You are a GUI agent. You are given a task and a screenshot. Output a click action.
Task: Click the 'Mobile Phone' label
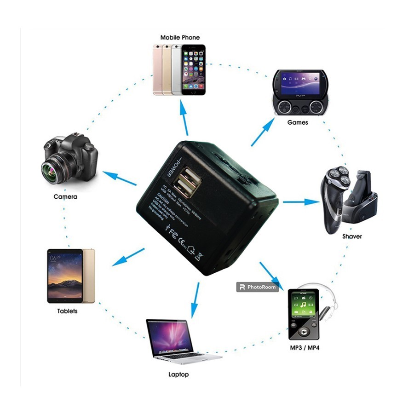(180, 37)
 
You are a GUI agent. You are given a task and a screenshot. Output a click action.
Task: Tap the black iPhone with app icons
(193, 69)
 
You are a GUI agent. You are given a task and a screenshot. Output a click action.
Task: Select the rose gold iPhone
(158, 69)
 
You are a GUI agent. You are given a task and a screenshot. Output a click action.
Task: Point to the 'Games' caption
(297, 123)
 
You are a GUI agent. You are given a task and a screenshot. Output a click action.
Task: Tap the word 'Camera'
(65, 197)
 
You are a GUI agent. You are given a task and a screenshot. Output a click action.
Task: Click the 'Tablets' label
(67, 311)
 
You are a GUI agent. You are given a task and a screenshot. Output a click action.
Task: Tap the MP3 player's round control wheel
(303, 331)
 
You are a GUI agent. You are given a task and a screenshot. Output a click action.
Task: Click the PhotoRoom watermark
(258, 287)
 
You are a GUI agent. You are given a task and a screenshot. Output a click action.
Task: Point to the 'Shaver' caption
(352, 236)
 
